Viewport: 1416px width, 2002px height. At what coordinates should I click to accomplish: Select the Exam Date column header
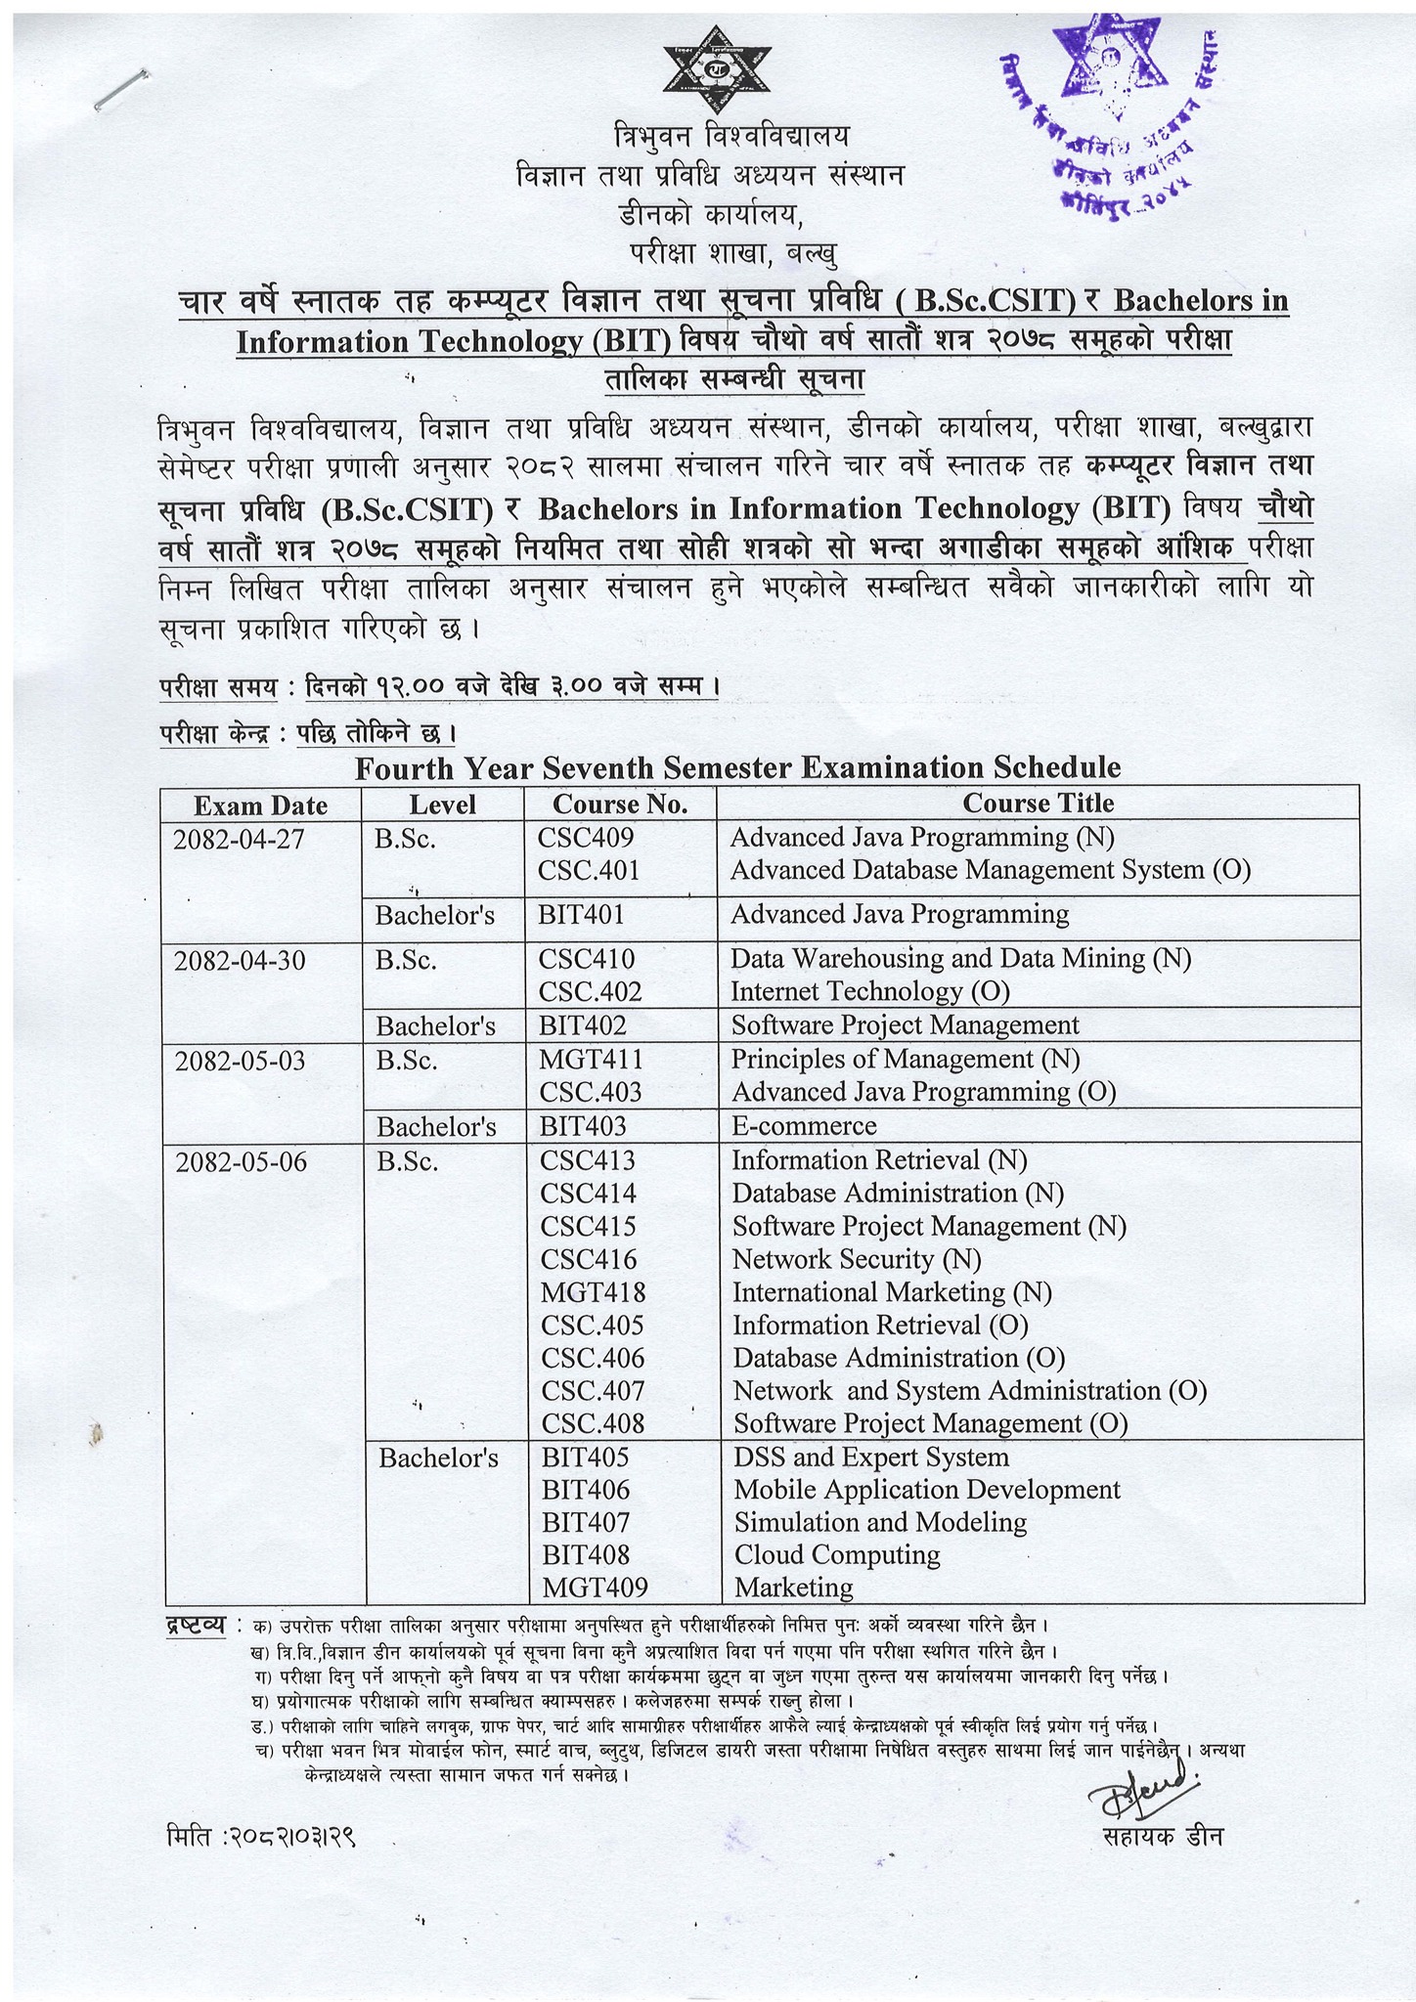click(260, 805)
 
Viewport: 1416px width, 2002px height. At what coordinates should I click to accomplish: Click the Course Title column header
click(1038, 804)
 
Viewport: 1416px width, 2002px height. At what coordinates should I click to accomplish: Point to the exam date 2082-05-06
click(241, 1161)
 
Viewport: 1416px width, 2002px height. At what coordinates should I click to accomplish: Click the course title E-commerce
click(804, 1126)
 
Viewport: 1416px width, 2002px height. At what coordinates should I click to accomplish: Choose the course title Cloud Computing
click(836, 1554)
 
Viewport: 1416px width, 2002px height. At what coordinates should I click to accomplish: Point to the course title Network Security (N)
click(857, 1259)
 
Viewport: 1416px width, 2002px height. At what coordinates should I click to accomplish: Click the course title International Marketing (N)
click(892, 1292)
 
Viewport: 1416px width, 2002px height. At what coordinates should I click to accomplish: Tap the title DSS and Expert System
click(870, 1458)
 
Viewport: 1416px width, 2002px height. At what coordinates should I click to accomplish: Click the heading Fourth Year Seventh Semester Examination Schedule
click(737, 767)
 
